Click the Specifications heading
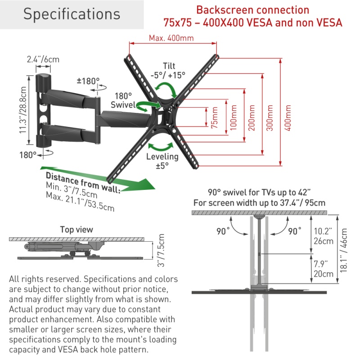pyautogui.click(x=72, y=14)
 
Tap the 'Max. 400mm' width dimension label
pyautogui.click(x=171, y=38)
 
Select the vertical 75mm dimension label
pyautogui.click(x=215, y=118)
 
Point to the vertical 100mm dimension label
pyautogui.click(x=233, y=118)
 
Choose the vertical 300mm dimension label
pyautogui.click(x=270, y=118)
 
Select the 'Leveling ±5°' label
pyautogui.click(x=162, y=161)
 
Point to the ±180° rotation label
pyautogui.click(x=88, y=81)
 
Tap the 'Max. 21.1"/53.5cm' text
pyautogui.click(x=80, y=202)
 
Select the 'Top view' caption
pyautogui.click(x=76, y=229)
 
